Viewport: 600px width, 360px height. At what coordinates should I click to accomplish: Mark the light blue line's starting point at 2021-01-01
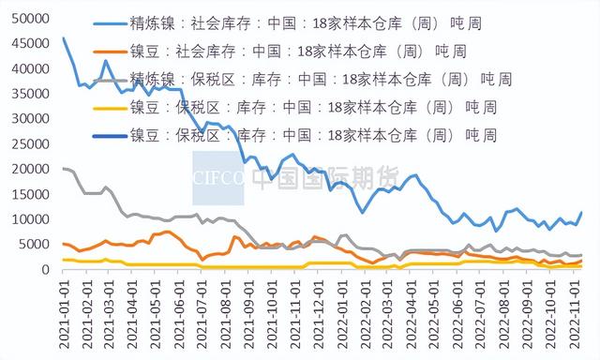point(63,38)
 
